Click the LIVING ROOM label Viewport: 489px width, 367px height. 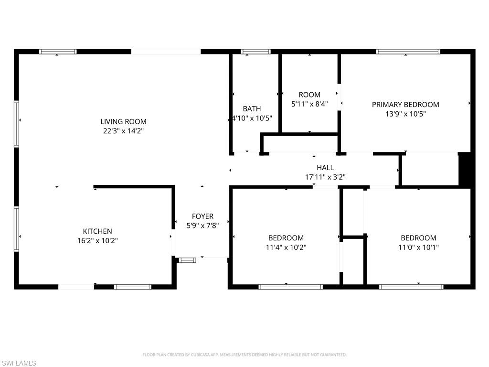click(x=123, y=121)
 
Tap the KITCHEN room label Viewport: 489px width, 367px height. click(x=97, y=231)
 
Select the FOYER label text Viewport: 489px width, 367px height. click(x=202, y=216)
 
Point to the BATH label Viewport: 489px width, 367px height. click(x=252, y=109)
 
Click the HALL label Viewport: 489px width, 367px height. click(x=325, y=168)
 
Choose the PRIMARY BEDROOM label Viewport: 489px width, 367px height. click(x=405, y=105)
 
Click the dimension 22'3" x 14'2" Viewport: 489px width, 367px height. click(x=123, y=130)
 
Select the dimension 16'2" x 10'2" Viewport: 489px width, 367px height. click(x=97, y=241)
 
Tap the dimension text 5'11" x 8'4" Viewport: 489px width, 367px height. click(x=309, y=104)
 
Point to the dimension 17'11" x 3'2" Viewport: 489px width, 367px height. click(x=325, y=177)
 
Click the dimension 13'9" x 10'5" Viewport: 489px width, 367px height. click(x=405, y=114)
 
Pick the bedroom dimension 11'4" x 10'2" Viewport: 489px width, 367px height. click(x=286, y=247)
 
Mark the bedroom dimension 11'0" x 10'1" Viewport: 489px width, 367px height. click(x=418, y=247)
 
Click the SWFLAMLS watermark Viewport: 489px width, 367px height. click(x=19, y=363)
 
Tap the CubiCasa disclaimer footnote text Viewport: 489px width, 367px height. click(x=244, y=355)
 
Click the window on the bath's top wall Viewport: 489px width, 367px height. click(x=255, y=52)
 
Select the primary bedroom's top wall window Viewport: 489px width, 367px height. click(x=408, y=52)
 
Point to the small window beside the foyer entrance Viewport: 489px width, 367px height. click(x=187, y=260)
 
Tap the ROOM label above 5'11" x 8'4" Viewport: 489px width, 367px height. click(x=309, y=95)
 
